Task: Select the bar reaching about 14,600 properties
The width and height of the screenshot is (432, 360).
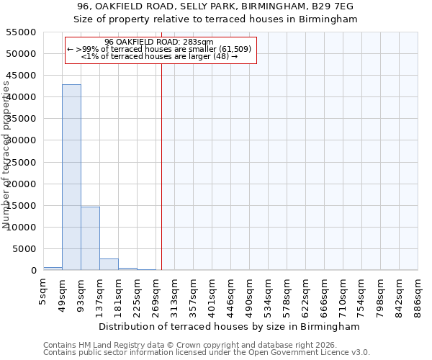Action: click(90, 238)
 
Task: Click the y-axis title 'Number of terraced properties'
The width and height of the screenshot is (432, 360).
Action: click(7, 155)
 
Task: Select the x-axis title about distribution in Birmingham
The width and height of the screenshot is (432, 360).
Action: click(230, 326)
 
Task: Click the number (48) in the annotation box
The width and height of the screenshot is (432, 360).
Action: click(221, 56)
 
